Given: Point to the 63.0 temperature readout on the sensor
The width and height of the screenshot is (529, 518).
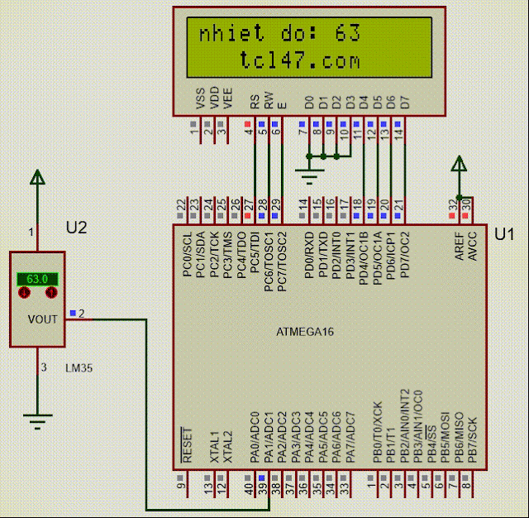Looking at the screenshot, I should click(x=37, y=280).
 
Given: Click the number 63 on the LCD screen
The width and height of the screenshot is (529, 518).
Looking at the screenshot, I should click(x=348, y=35).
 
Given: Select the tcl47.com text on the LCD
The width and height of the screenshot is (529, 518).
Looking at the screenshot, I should click(x=300, y=60).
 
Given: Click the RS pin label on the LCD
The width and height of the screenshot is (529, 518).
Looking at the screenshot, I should click(x=254, y=103).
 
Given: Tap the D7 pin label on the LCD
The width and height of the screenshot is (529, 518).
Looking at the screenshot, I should click(x=404, y=103).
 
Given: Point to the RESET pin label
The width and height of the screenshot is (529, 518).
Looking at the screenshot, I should click(x=187, y=445).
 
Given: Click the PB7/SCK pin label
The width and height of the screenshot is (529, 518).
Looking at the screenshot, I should click(x=472, y=439).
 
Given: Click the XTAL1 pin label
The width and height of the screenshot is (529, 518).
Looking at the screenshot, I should click(x=213, y=447).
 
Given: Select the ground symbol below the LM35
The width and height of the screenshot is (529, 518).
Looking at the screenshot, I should click(x=36, y=422).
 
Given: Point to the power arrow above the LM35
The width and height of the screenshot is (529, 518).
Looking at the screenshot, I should click(x=36, y=177).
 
